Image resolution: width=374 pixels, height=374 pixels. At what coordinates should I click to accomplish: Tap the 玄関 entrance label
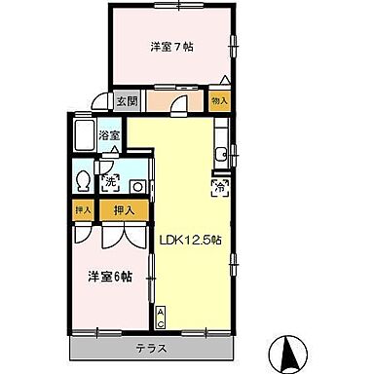pos(127,101)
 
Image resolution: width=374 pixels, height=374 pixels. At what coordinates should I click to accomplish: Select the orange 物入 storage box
pos(219,100)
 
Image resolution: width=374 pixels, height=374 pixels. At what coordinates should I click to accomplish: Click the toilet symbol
pos(83,180)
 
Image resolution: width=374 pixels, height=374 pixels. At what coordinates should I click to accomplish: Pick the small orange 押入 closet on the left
pos(82,208)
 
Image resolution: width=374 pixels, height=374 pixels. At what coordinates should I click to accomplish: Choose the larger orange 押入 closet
pos(123,208)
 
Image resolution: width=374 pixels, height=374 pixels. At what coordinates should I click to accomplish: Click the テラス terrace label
pos(151,348)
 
